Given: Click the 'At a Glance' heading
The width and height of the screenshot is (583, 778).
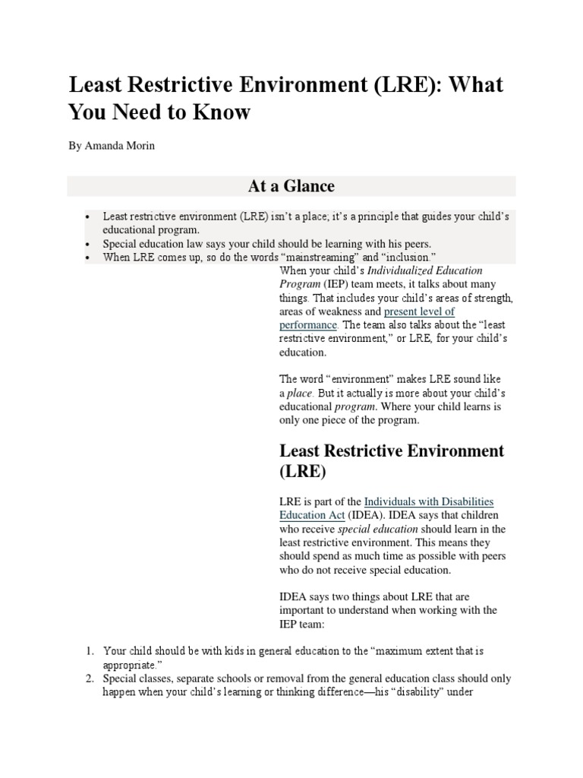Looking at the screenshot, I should pyautogui.click(x=291, y=186).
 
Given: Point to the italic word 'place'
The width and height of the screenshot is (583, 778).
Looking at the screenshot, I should pyautogui.click(x=299, y=394).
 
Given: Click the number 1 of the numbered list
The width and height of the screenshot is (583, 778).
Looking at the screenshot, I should pyautogui.click(x=88, y=651).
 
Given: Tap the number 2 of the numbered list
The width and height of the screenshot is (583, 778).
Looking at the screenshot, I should pyautogui.click(x=88, y=678).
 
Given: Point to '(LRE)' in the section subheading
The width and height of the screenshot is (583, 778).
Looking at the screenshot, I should pyautogui.click(x=303, y=472).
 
